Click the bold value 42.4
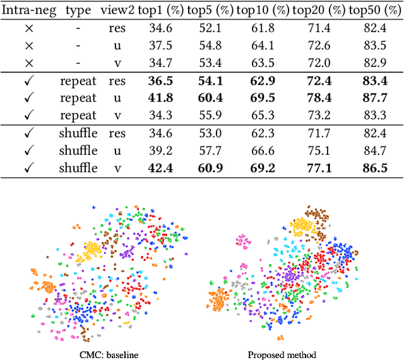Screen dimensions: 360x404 coord(160,168)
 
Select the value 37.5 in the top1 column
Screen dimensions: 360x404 coord(160,45)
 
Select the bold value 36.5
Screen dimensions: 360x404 coord(160,81)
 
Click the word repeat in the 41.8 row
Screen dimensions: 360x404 coord(78,99)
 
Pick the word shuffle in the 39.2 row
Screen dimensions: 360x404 coord(78,151)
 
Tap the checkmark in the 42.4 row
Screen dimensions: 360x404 coord(28,168)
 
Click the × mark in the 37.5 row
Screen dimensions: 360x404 coord(28,46)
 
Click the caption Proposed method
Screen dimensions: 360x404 coord(282,354)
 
